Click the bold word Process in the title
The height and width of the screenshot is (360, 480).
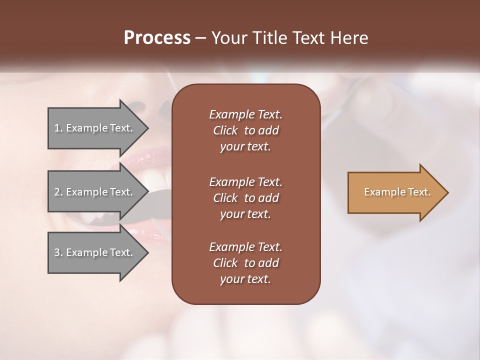point(157,37)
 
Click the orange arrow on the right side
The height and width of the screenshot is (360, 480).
point(395,192)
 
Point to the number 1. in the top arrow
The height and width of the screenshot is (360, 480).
point(58,128)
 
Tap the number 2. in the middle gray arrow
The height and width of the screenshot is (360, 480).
point(58,192)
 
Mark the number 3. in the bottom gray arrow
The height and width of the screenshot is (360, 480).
point(58,252)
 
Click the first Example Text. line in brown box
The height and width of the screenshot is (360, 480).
point(245,114)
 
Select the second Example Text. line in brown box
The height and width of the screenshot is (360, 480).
point(245,182)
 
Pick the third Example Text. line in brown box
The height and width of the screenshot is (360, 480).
point(245,247)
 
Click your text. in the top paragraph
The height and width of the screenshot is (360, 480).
point(245,147)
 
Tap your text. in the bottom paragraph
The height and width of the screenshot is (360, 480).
point(245,279)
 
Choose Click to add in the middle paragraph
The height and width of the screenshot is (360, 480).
point(245,198)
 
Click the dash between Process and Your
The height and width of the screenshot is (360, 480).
point(200,38)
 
